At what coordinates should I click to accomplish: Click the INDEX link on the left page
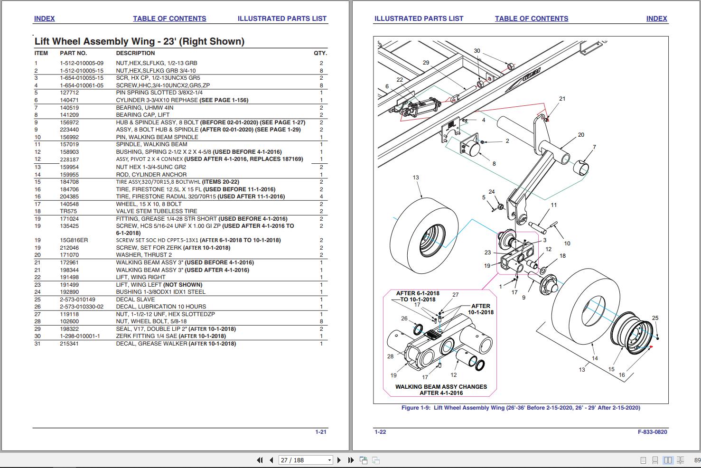[x=44, y=19]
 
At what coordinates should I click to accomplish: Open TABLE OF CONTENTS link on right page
[x=531, y=19]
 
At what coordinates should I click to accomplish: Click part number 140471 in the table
[x=69, y=100]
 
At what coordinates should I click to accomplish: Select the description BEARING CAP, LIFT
[x=143, y=115]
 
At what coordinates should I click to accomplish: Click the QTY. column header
[x=320, y=53]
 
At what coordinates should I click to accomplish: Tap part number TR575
[x=69, y=211]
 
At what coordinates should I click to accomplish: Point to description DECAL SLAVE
[x=135, y=300]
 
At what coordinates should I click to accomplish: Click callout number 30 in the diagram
[x=477, y=51]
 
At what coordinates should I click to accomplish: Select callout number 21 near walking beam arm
[x=562, y=99]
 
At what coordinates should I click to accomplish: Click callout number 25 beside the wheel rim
[x=655, y=318]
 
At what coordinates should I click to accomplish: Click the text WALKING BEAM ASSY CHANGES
[x=441, y=387]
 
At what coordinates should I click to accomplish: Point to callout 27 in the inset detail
[x=455, y=295]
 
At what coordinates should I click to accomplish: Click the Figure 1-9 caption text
[x=521, y=408]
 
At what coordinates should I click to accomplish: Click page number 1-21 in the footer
[x=321, y=432]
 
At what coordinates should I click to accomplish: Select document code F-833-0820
[x=652, y=432]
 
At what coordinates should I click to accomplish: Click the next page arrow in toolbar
[x=339, y=460]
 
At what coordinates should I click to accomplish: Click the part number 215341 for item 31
[x=69, y=344]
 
